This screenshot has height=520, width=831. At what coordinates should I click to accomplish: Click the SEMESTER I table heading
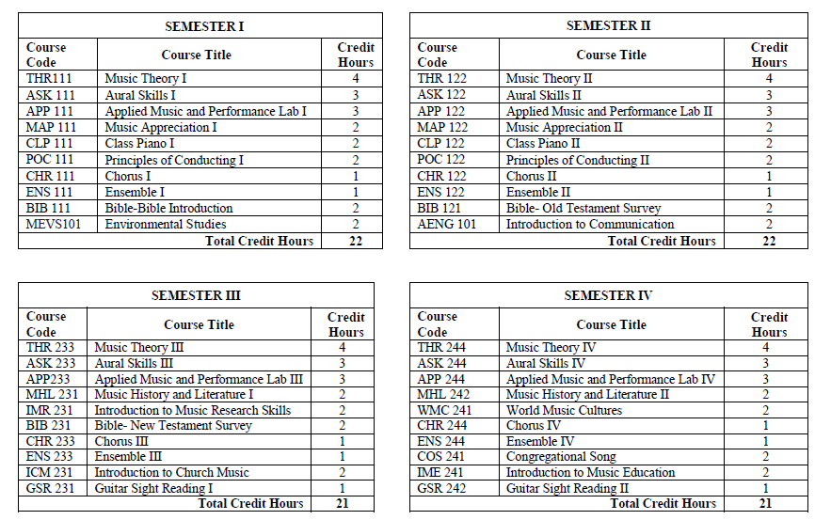[200, 25]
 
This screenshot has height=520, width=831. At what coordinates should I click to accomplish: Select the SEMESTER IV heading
[608, 295]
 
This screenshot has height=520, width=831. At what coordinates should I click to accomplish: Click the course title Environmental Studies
[166, 225]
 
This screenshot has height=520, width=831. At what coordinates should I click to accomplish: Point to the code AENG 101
[447, 225]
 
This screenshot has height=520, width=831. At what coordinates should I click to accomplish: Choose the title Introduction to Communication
[590, 225]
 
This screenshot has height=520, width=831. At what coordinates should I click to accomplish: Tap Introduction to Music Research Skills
[192, 411]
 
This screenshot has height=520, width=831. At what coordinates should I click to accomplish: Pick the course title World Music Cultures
[564, 411]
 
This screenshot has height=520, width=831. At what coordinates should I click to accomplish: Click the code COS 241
[443, 457]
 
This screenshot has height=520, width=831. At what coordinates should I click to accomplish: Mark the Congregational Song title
[561, 457]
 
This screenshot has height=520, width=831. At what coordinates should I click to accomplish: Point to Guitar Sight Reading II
[567, 488]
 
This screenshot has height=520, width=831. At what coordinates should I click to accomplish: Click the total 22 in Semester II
[769, 242]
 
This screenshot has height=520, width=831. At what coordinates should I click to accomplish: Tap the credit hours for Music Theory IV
[769, 348]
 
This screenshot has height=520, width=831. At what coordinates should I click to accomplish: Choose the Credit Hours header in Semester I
[355, 55]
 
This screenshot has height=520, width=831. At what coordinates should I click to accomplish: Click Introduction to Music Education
[590, 473]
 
